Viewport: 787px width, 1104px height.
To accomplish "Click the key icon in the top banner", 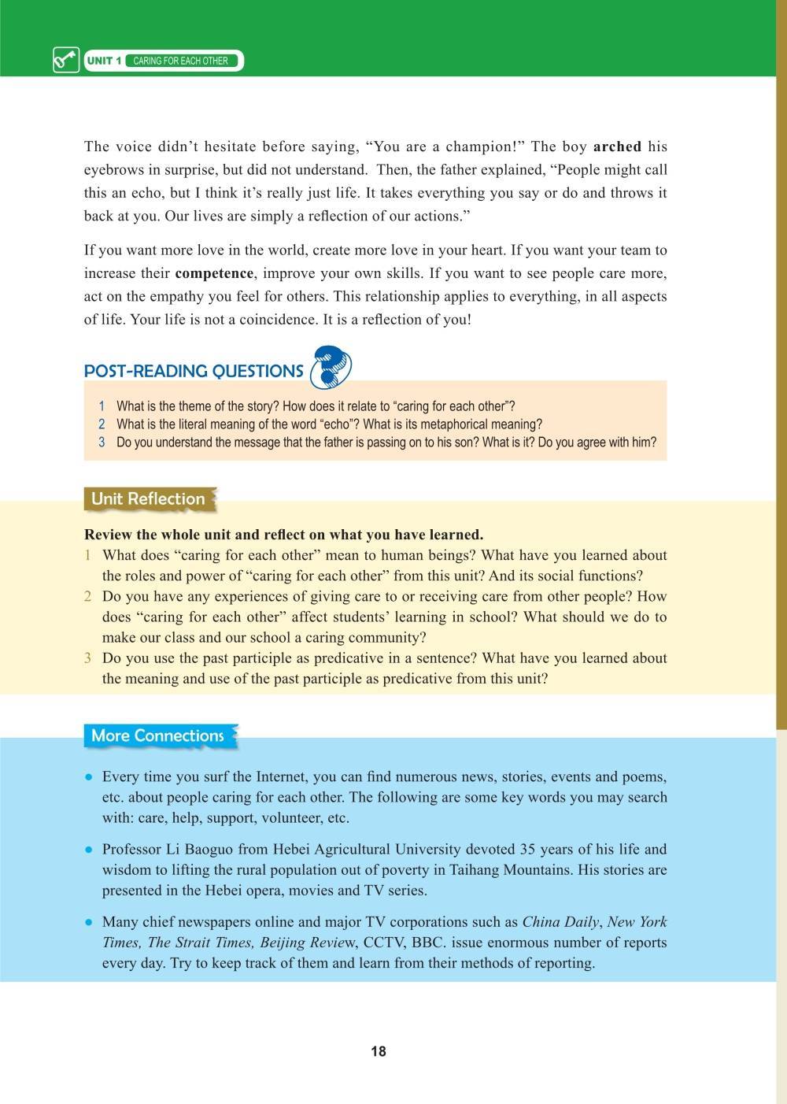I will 66,60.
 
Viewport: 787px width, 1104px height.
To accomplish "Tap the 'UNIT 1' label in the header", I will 104,61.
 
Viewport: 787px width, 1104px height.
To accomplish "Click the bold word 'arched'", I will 617,146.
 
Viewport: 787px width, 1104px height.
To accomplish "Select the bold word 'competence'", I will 214,274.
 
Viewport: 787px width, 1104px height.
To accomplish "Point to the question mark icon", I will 331,368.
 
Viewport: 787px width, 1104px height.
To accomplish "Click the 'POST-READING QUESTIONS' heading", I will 194,371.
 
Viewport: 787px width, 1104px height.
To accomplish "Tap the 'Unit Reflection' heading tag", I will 148,498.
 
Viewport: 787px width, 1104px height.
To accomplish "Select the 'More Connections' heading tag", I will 157,735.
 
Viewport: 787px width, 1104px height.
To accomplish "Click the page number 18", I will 379,1051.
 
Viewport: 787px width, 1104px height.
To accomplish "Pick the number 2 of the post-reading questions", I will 102,424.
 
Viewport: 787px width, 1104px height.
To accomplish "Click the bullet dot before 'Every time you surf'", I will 90,777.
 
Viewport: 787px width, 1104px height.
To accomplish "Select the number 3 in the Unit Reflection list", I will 88,658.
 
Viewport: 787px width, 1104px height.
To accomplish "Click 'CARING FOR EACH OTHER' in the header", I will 181,61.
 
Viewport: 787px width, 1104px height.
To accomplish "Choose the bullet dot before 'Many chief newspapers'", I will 90,922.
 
